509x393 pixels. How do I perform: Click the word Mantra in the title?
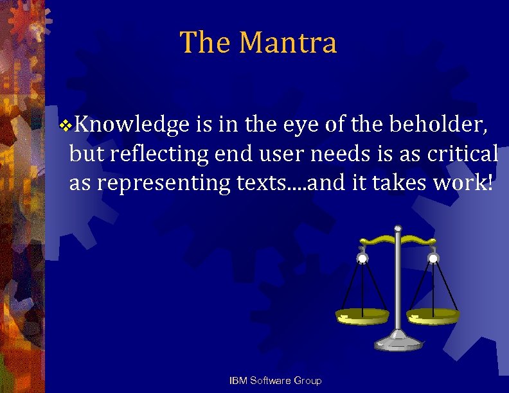tap(287, 43)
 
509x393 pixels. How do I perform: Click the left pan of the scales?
tap(362, 316)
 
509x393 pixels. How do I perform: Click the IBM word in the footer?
tap(237, 381)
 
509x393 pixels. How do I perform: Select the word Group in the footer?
tap(307, 381)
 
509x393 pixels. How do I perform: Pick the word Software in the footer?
tap(269, 381)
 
